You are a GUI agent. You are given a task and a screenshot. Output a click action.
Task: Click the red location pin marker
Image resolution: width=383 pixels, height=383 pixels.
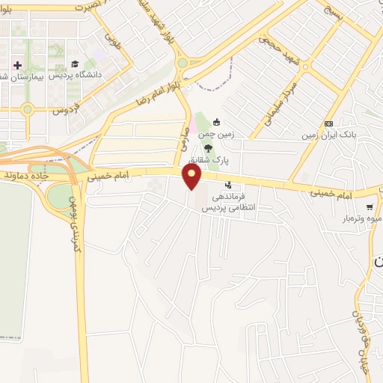(x=193, y=176)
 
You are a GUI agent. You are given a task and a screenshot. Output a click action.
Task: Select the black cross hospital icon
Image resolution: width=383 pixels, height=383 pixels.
(x=17, y=65)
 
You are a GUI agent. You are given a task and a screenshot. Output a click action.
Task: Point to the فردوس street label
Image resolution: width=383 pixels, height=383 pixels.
(x=67, y=110)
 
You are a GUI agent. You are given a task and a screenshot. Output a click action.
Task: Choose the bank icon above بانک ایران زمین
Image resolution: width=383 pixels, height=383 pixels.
(x=328, y=123)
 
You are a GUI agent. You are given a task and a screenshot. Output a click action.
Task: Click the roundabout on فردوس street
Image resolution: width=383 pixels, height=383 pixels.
(x=28, y=109)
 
